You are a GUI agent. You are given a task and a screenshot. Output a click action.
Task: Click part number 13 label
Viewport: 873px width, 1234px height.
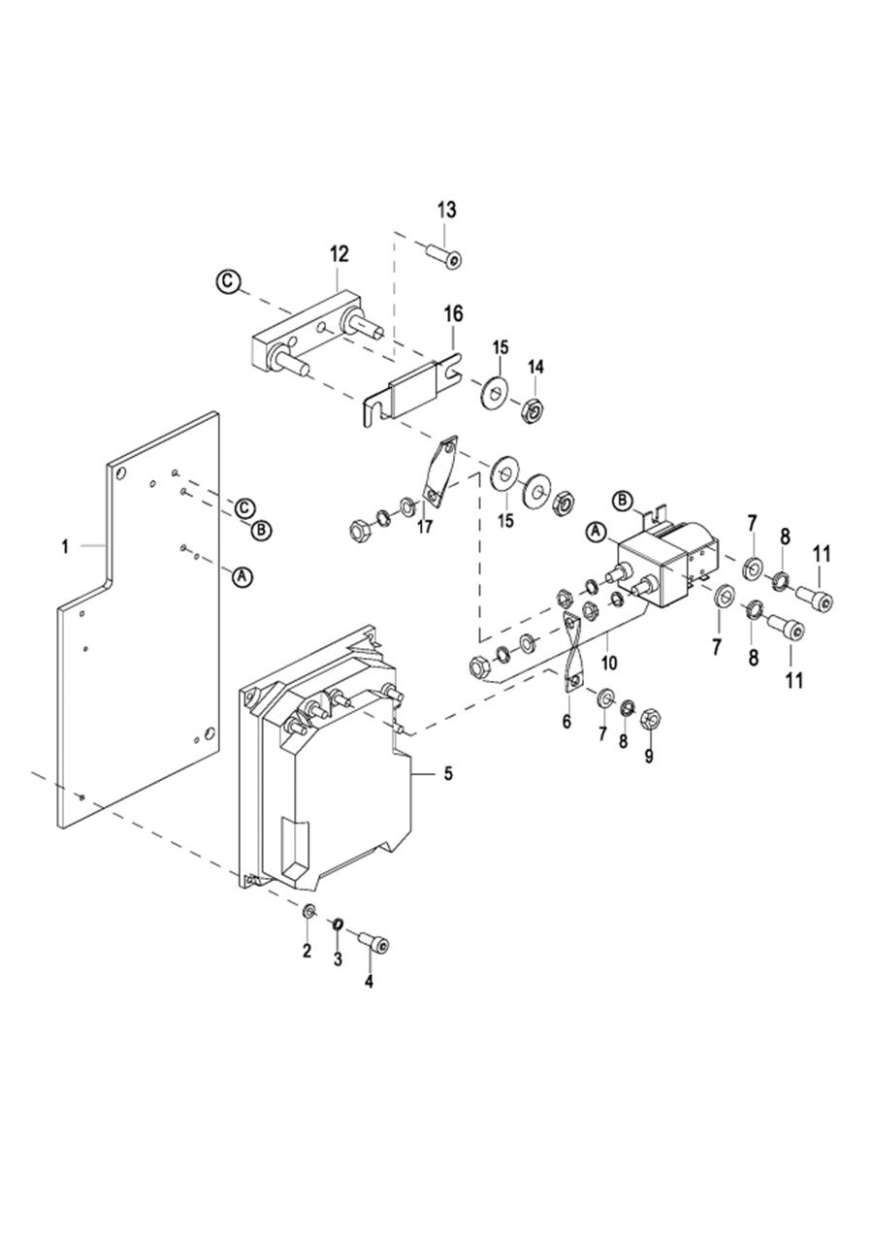[447, 210]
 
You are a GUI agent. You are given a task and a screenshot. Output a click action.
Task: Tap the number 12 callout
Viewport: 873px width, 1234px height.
[339, 254]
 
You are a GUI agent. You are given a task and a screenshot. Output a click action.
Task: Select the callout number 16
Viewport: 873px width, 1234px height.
[453, 314]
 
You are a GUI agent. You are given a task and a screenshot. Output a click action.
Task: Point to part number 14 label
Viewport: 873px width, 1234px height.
[535, 367]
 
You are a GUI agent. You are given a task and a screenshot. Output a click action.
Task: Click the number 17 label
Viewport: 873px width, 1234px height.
[425, 527]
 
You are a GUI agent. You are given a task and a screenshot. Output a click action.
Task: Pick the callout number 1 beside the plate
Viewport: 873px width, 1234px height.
[65, 547]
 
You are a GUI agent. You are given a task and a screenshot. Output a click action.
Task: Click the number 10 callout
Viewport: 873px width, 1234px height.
[609, 664]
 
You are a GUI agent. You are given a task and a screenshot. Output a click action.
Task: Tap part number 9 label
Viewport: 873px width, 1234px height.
[648, 757]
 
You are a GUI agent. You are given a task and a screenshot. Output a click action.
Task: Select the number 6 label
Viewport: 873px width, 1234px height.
[566, 721]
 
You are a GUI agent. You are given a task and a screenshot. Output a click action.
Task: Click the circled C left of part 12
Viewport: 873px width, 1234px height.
[226, 281]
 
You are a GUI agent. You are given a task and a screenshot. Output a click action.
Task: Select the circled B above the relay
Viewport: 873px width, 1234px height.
[623, 501]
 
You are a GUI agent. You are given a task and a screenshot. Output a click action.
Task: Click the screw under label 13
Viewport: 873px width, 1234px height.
[444, 257]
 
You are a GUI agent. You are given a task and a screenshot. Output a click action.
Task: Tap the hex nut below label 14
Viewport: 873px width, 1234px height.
[534, 407]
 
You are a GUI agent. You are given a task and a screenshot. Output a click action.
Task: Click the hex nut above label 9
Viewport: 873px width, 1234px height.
[651, 717]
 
